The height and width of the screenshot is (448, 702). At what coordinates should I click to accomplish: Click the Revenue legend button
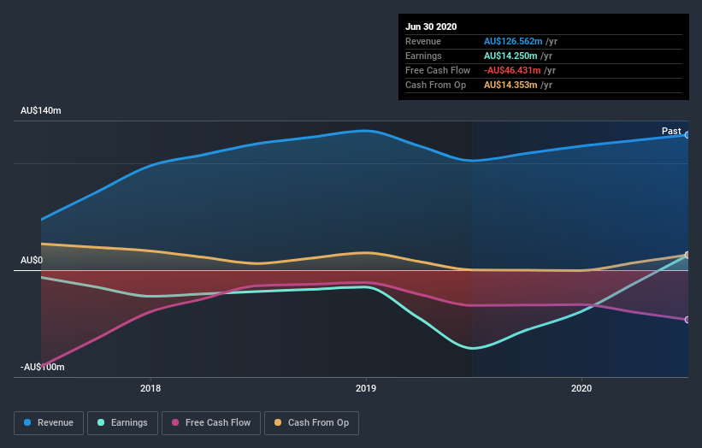[50, 422]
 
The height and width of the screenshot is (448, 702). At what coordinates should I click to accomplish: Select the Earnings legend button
[122, 422]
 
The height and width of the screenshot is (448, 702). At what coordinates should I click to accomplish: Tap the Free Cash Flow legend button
[211, 422]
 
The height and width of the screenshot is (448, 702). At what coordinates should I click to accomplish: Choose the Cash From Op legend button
[312, 422]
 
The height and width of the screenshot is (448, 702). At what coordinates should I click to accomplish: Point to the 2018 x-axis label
[150, 389]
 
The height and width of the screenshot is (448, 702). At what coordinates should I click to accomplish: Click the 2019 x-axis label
[366, 389]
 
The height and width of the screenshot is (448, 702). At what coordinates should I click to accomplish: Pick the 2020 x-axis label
[581, 389]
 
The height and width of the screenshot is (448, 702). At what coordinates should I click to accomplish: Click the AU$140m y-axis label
[41, 111]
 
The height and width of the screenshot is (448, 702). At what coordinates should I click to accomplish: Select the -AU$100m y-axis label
[43, 367]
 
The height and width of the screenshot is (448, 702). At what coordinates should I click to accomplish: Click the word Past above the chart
[671, 131]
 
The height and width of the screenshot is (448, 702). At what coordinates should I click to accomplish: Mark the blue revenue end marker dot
[687, 135]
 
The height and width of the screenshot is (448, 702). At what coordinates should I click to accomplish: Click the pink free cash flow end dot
[687, 320]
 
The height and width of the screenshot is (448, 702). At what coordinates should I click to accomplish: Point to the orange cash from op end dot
[687, 255]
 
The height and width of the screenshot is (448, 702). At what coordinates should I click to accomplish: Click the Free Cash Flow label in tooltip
[438, 70]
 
